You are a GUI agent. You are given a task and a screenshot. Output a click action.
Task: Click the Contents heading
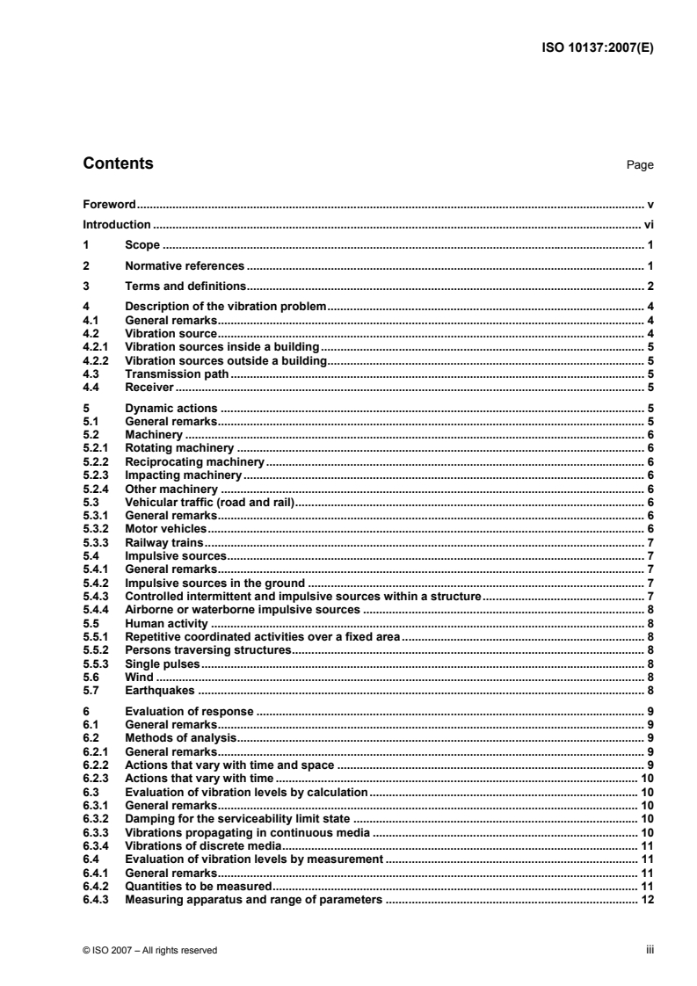click(117, 163)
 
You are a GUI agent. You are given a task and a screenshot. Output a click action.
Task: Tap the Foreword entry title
click(108, 204)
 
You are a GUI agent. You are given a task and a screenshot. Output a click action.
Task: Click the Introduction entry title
click(116, 225)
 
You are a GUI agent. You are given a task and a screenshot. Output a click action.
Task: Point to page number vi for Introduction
click(649, 225)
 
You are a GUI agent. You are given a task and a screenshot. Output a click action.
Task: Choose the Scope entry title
click(142, 245)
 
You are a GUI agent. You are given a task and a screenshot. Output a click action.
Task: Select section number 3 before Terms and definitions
click(85, 286)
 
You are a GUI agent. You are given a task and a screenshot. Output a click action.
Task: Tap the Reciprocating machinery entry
click(194, 461)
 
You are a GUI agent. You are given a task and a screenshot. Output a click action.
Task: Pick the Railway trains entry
click(166, 543)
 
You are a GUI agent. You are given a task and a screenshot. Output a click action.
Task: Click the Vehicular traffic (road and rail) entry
click(208, 503)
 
